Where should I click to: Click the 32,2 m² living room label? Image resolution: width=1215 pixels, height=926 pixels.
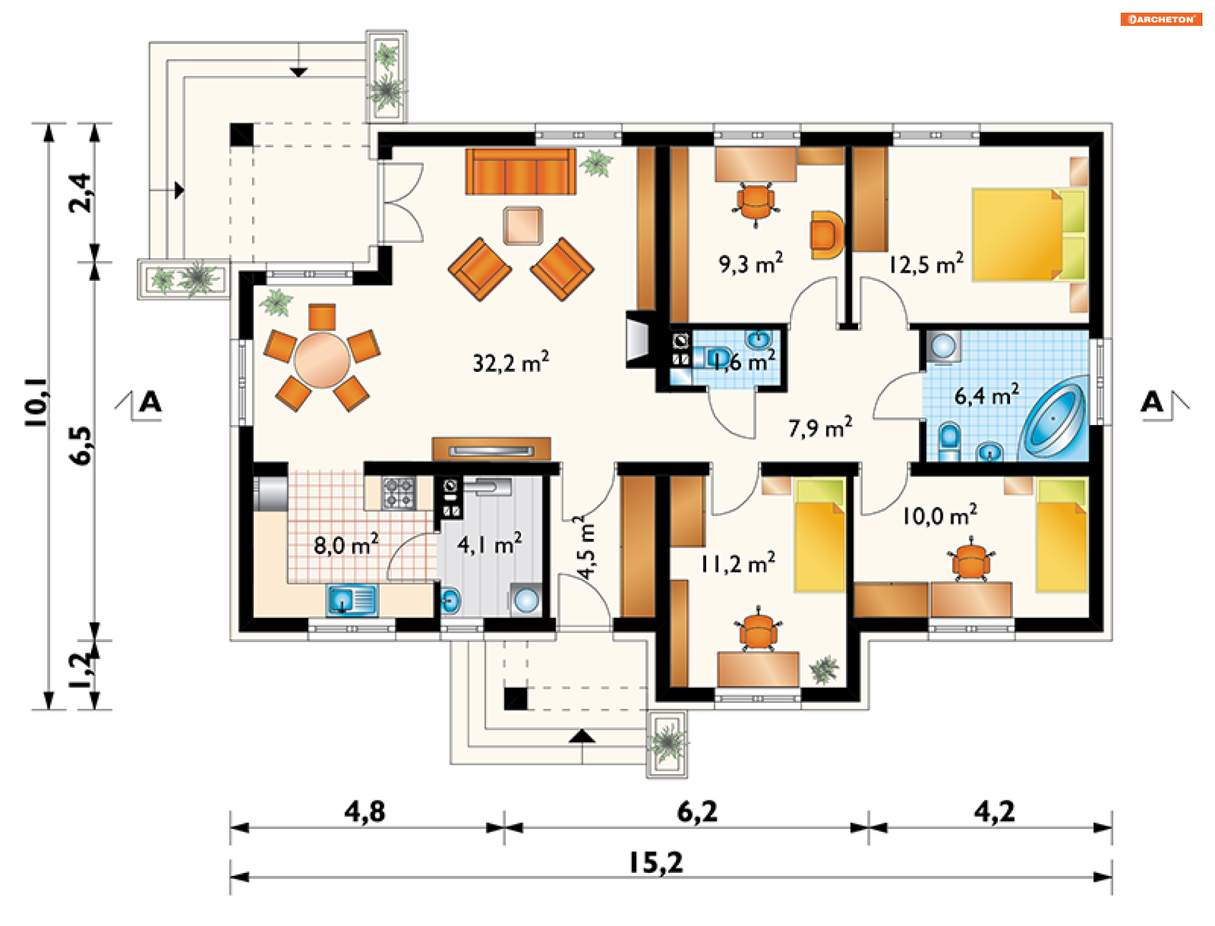point(511,362)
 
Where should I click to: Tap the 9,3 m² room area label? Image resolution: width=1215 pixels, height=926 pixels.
point(751,262)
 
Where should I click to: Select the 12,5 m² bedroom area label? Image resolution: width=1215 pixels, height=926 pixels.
point(926,263)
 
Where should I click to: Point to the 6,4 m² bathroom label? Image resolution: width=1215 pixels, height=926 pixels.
point(987,395)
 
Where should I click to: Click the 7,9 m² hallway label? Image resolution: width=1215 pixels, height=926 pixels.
point(820,427)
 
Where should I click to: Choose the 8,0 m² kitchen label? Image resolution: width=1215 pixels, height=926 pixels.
point(346,544)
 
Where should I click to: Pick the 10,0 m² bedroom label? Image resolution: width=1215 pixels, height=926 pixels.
point(939,515)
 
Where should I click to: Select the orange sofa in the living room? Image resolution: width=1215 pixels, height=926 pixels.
point(521,171)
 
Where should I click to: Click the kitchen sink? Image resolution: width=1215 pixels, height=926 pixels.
point(351,600)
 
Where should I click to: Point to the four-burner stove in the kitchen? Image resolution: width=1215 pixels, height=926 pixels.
point(399,493)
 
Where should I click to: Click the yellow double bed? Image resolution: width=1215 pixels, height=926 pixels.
point(1029,235)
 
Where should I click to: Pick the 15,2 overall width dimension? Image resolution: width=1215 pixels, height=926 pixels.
point(656,863)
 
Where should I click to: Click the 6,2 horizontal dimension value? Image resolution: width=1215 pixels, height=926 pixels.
point(697,812)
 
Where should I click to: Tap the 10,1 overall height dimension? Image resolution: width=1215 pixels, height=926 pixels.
point(36,402)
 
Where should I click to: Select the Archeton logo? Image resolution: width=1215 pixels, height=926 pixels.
point(1161,19)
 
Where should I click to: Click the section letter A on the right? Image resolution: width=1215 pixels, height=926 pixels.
point(1152,402)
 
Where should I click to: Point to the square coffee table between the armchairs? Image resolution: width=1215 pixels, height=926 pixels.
point(523,225)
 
